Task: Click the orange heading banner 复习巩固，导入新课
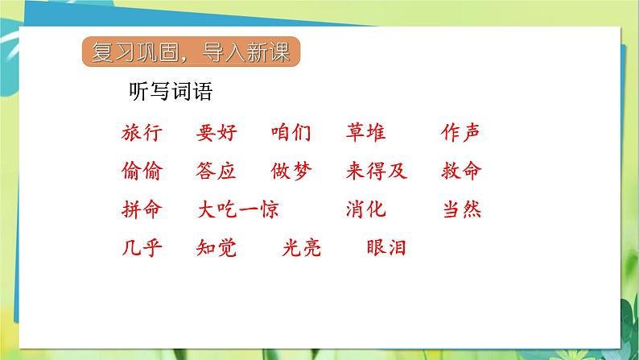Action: (x=191, y=52)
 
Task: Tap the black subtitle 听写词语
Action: (x=171, y=91)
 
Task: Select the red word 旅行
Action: (x=142, y=133)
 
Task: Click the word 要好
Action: (x=216, y=133)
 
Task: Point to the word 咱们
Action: (x=291, y=133)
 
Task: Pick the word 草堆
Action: (x=365, y=133)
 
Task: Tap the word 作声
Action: (x=460, y=133)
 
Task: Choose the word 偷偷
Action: (x=142, y=171)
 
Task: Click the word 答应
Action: (x=216, y=171)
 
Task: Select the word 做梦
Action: (x=291, y=171)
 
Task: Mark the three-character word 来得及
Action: (x=377, y=171)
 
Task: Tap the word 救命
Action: (x=461, y=171)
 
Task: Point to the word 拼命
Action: (x=142, y=209)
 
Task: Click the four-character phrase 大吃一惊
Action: (x=238, y=209)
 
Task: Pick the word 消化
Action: (x=365, y=209)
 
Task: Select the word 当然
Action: (x=462, y=209)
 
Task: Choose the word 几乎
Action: (x=142, y=248)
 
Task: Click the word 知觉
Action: (x=216, y=248)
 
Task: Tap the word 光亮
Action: (x=302, y=248)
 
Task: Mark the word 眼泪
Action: (x=386, y=248)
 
